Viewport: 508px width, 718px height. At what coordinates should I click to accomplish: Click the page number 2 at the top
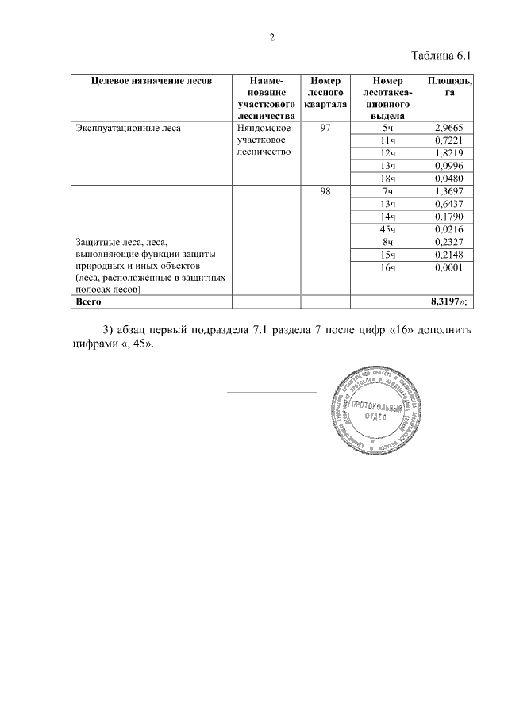coord(271,37)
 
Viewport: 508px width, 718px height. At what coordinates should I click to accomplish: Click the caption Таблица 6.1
coord(442,56)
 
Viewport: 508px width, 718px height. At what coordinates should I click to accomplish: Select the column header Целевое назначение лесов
coord(151,81)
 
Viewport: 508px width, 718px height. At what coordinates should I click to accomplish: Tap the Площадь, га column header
coord(449,86)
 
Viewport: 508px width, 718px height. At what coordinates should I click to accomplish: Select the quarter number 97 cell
coord(325,127)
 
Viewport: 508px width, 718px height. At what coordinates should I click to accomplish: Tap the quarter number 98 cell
coord(325,191)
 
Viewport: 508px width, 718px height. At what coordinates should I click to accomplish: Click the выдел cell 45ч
coord(387,229)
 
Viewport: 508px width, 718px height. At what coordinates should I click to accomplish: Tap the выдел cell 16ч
coord(387,268)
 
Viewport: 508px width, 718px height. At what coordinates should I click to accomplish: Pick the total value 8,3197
coord(445,301)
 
